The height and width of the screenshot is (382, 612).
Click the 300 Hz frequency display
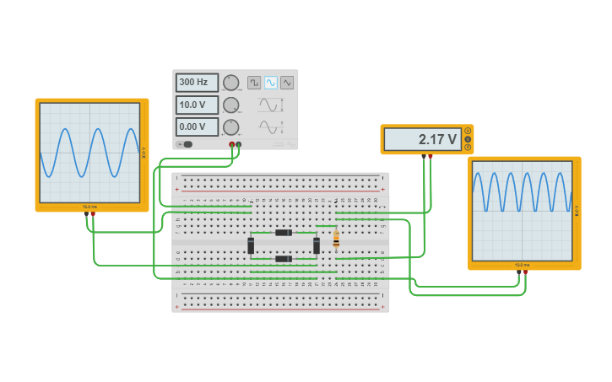coord(197,83)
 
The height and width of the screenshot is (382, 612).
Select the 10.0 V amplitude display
coord(197,105)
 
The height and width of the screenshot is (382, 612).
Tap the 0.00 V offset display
coord(197,126)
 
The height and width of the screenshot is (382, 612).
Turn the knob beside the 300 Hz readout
coord(230,83)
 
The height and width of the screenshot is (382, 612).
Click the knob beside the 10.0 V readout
coord(230,105)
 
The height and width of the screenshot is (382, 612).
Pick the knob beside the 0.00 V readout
coord(230,126)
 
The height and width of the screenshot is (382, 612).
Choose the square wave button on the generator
coord(254,83)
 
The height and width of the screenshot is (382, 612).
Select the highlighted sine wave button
coord(271,83)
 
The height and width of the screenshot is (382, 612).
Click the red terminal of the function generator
coord(232,144)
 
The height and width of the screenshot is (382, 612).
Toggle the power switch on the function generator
coord(187,144)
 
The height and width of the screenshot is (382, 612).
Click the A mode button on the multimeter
coord(468,132)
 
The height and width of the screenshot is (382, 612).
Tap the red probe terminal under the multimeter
coord(430,156)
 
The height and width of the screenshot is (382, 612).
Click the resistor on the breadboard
coord(336,240)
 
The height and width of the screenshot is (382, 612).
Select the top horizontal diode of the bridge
coord(284,233)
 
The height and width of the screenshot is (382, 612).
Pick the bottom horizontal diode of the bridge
coord(284,259)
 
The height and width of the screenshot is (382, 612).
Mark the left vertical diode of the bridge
coord(251,245)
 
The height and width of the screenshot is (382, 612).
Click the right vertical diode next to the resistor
coord(317,245)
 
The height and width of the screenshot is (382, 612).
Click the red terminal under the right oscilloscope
coord(525,272)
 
